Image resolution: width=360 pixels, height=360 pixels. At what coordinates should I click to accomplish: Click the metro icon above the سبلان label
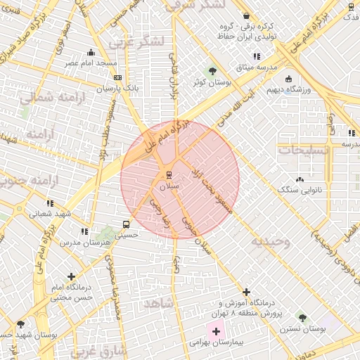tap(169, 175)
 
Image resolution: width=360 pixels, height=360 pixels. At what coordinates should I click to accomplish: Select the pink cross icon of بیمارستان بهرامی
tap(216, 330)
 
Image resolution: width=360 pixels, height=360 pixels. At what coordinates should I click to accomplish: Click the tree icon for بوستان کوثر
tap(212, 71)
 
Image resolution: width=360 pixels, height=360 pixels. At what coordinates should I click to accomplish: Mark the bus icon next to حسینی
tap(125, 225)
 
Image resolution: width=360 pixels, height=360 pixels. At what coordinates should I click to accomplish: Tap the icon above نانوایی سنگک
tap(301, 179)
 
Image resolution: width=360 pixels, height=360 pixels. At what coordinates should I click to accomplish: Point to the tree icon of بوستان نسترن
tap(302, 318)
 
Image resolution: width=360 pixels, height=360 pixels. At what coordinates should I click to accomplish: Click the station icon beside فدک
tap(351, 6)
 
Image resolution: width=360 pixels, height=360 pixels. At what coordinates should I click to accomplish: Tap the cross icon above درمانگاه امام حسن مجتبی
tap(70, 277)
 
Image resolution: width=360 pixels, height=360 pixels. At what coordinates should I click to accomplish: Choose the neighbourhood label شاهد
tap(157, 303)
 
